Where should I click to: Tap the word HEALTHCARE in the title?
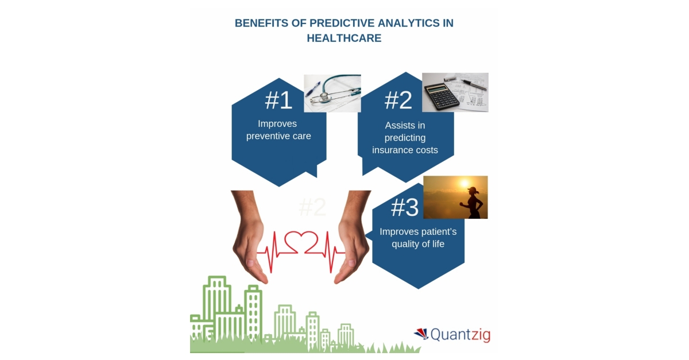(x=344, y=38)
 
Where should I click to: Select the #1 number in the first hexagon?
(x=278, y=100)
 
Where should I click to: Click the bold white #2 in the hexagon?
(x=398, y=100)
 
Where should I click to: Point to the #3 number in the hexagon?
(x=404, y=208)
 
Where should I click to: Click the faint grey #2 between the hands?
(x=312, y=207)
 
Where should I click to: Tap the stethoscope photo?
(x=332, y=93)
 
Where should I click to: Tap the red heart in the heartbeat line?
(x=301, y=243)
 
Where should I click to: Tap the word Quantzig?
(x=460, y=334)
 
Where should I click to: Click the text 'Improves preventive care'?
(x=278, y=130)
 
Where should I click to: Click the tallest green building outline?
(x=217, y=304)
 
